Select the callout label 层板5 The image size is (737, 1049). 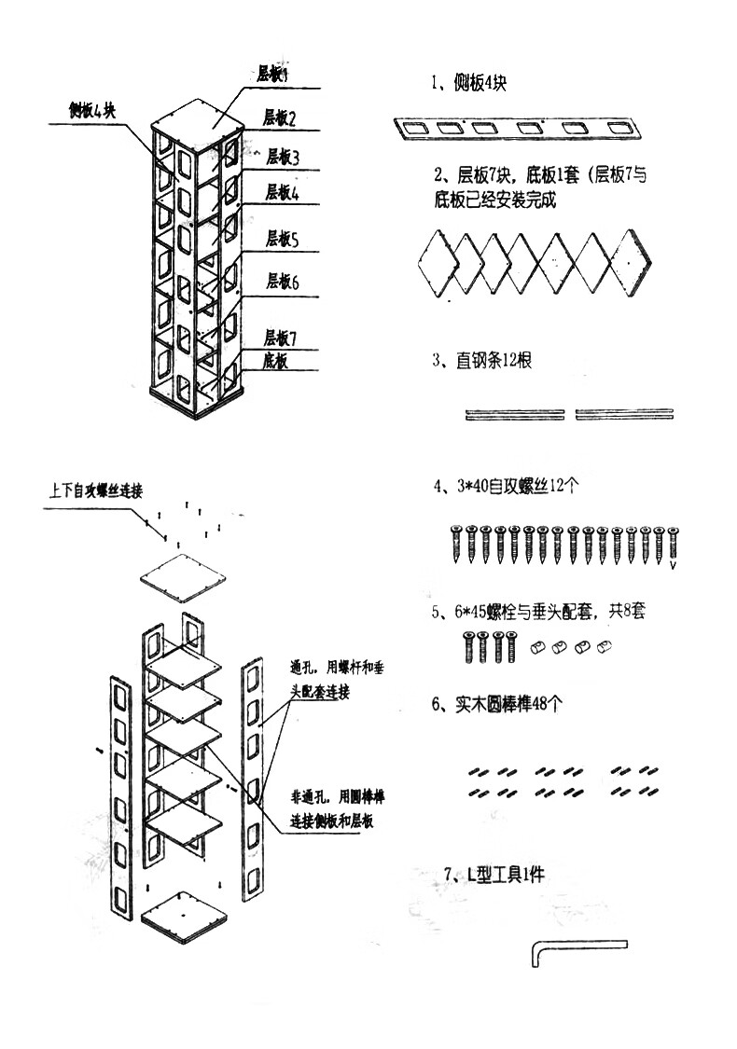pos(282,240)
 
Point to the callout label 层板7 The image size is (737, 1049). pos(280,337)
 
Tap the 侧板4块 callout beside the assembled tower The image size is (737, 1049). pos(91,111)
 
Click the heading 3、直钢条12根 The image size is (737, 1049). pos(481,361)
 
